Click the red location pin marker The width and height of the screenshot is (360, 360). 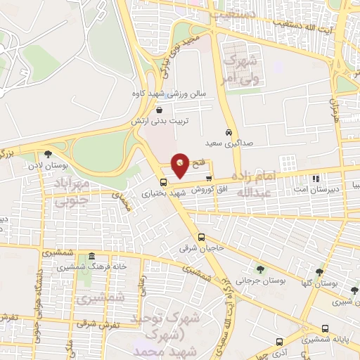pyautogui.click(x=181, y=165)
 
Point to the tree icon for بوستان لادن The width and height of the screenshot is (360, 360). pyautogui.click(x=49, y=153)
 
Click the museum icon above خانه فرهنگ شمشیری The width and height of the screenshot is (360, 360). pyautogui.click(x=93, y=257)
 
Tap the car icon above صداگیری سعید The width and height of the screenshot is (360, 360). pyautogui.click(x=229, y=132)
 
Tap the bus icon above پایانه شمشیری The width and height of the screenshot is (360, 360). pyautogui.click(x=326, y=329)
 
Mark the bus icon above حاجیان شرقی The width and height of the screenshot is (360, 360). pyautogui.click(x=202, y=237)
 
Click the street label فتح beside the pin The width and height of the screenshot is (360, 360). pyautogui.click(x=199, y=163)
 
